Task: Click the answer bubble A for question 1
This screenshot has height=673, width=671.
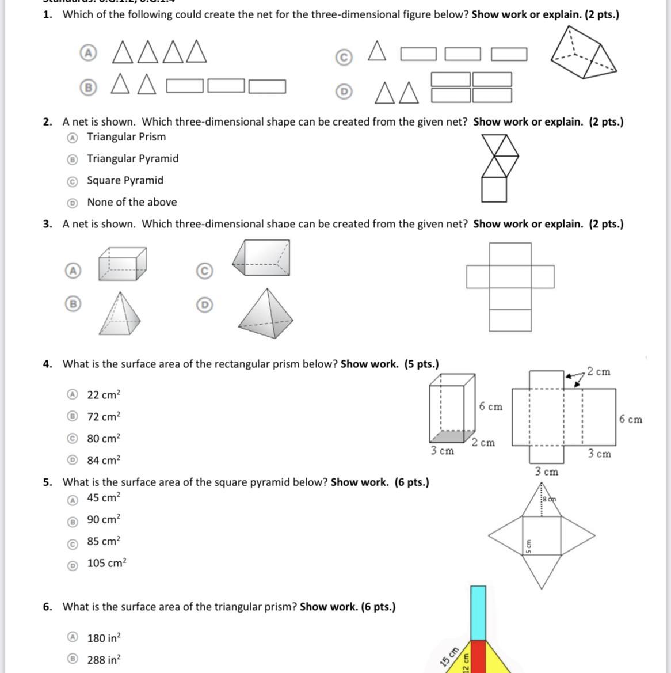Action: (87, 53)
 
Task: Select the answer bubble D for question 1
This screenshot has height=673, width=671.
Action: (344, 92)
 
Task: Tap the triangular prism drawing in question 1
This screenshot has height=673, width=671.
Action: (583, 54)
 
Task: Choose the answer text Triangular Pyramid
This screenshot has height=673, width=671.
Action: (132, 159)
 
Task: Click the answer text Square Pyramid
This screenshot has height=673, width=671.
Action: (125, 181)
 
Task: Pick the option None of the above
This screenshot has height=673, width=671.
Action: (132, 203)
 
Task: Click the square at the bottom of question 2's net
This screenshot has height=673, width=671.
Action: (494, 189)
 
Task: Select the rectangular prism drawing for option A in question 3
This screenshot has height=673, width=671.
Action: (122, 264)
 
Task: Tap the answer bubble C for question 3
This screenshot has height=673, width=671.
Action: (204, 271)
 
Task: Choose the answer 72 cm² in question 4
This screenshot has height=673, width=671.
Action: (104, 417)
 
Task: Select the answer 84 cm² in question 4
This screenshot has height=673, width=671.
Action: (104, 461)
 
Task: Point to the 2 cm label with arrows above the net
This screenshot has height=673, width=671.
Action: (598, 372)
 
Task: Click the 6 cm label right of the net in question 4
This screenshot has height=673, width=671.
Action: (631, 420)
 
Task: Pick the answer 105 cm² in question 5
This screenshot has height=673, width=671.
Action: (106, 564)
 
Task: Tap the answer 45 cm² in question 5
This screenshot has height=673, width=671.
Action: (104, 498)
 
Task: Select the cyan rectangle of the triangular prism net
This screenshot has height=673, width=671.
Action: (478, 613)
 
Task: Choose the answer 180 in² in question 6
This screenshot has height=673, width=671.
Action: (104, 638)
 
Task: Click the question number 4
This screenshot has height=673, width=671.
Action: (47, 364)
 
